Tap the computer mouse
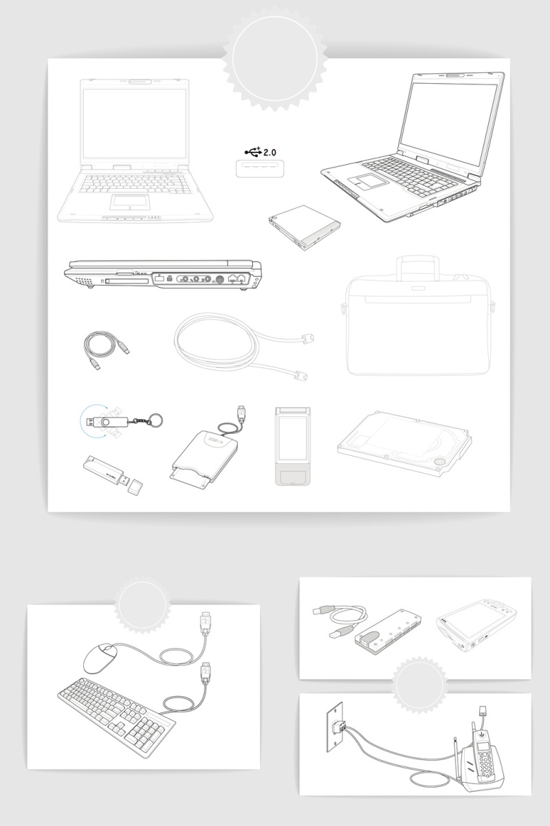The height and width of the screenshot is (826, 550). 100,658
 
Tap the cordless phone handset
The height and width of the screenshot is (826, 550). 485,759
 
